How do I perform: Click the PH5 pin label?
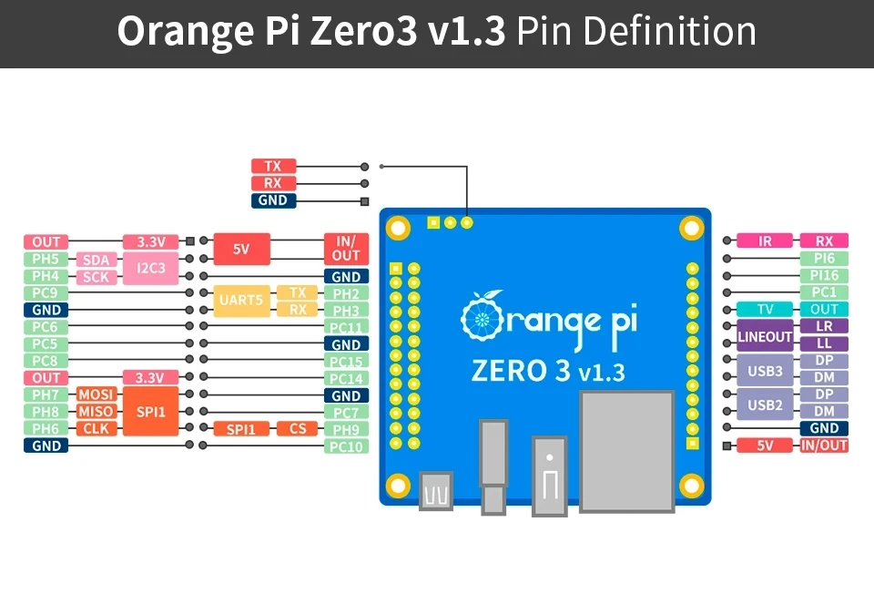click(x=46, y=259)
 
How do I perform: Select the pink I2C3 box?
click(x=150, y=268)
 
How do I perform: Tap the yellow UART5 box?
click(x=240, y=301)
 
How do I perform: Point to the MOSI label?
click(x=97, y=394)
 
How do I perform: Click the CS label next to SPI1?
click(x=297, y=428)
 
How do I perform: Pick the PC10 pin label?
click(x=346, y=446)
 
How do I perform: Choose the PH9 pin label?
click(x=346, y=429)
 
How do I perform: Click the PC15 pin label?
click(x=346, y=362)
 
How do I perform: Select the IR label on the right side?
click(x=765, y=241)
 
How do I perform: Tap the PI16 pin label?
click(x=824, y=275)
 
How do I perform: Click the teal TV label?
click(x=765, y=310)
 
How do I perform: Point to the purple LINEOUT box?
click(x=765, y=336)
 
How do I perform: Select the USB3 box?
click(x=765, y=371)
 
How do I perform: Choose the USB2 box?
click(x=765, y=404)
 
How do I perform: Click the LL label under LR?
click(x=824, y=344)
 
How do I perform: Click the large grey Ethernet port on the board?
click(x=627, y=450)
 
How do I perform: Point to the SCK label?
click(x=97, y=277)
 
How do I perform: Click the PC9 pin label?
click(x=46, y=293)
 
